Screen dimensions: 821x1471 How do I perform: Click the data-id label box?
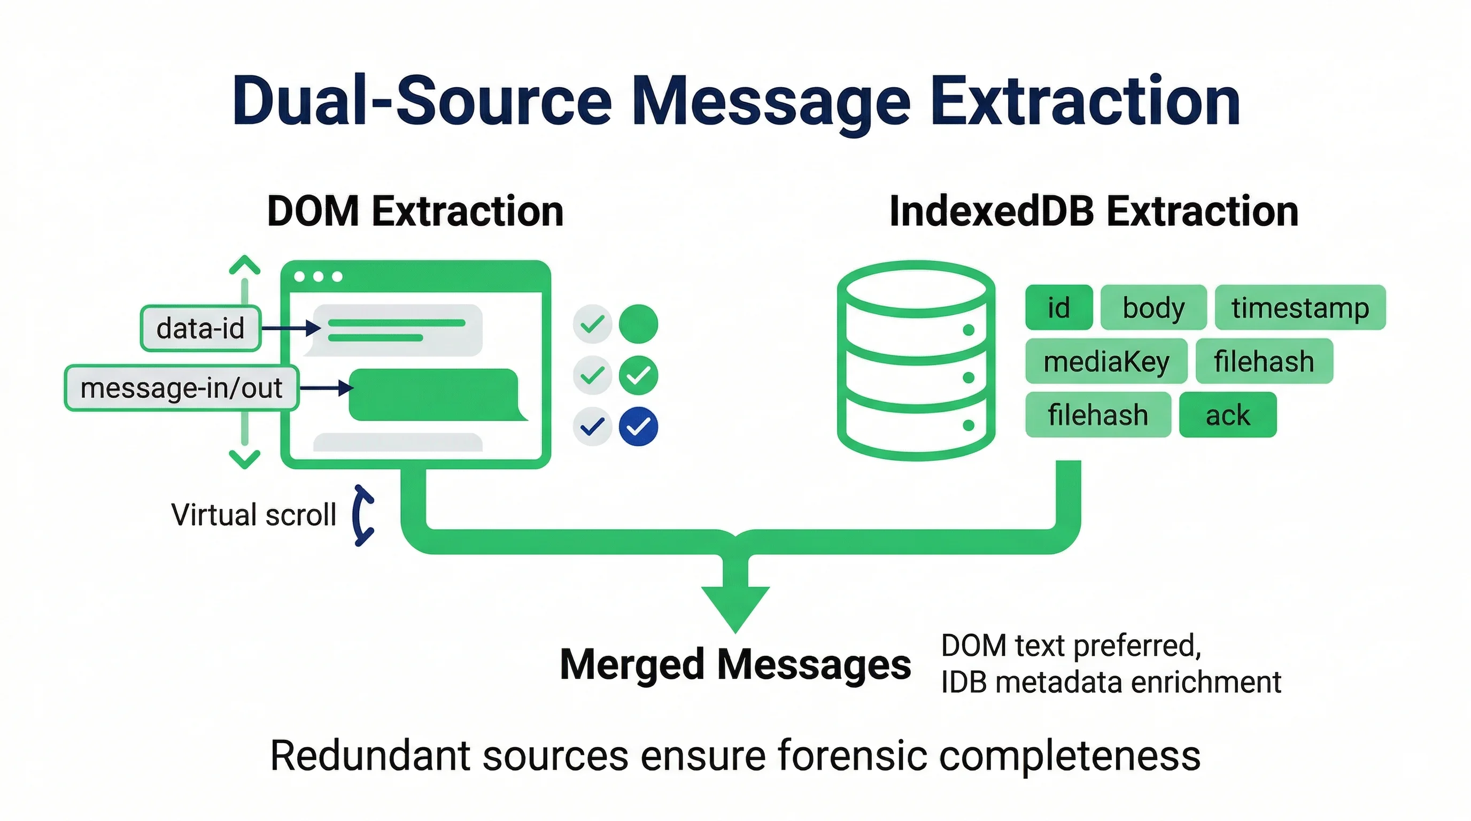point(200,328)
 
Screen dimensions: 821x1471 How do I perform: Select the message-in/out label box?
point(181,388)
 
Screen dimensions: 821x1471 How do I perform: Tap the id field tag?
point(1058,308)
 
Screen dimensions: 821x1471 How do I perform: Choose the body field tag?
point(1153,308)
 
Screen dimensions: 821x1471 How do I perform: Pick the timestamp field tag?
point(1300,308)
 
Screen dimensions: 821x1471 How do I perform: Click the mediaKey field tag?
point(1106,361)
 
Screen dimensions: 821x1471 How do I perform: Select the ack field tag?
point(1227,415)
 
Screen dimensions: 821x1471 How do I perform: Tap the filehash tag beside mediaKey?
point(1264,361)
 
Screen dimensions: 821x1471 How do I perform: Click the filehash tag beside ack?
point(1097,415)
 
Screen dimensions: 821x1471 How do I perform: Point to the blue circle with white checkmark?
point(638,427)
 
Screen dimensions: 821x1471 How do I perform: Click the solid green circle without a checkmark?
point(638,324)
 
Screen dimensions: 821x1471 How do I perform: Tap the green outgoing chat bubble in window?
point(434,394)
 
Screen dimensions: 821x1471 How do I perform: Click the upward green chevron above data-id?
point(244,265)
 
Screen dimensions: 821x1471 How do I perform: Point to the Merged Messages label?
point(735,664)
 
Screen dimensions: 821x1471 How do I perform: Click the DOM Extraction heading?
point(415,211)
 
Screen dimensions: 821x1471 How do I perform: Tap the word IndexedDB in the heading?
point(992,211)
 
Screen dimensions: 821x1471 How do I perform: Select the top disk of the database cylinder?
point(916,289)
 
